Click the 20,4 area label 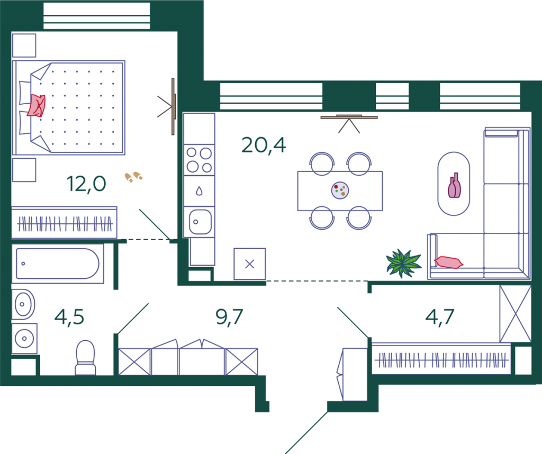[264, 145]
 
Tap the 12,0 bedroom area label [86, 184]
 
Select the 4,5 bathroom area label [69, 317]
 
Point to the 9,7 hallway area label [229, 317]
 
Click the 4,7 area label [440, 317]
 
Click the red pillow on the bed [37, 105]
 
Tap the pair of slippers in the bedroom [133, 177]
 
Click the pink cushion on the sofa [448, 262]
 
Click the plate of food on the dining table [340, 190]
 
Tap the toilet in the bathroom [85, 357]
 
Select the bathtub [58, 264]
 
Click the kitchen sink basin [200, 222]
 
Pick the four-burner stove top [199, 160]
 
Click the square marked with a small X [250, 264]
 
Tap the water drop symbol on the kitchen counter [199, 191]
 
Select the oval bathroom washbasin [23, 304]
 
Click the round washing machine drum [24, 339]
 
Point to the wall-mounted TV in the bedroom [173, 106]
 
